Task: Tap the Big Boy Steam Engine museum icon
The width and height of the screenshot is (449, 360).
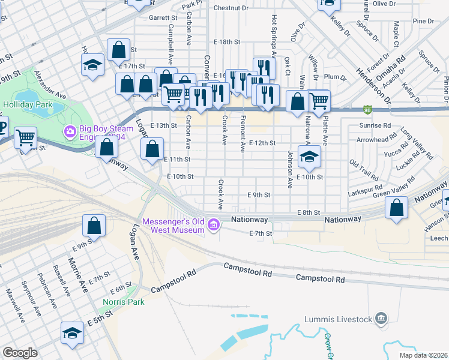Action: [x=70, y=130]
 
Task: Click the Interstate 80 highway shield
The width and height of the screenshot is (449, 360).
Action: [x=367, y=110]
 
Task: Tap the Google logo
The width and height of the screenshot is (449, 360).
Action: [x=20, y=353]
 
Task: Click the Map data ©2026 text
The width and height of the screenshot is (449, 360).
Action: [x=415, y=355]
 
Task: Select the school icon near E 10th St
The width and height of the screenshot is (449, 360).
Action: [x=310, y=157]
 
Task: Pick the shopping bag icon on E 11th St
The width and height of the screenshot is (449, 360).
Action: [x=153, y=149]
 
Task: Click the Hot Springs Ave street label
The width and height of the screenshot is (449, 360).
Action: [x=274, y=35]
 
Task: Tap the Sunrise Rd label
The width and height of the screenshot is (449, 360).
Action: [x=374, y=127]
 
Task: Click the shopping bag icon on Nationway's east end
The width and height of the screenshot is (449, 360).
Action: [x=397, y=208]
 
